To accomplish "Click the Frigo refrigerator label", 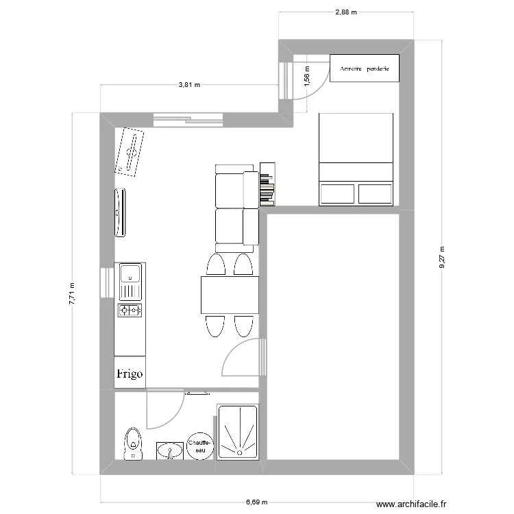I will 130,374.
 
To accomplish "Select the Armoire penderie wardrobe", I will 364,69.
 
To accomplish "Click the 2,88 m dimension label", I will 347,12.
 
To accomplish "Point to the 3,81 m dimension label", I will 189,86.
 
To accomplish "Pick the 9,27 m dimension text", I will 441,258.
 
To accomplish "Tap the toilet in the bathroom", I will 132,443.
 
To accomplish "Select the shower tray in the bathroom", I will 238,431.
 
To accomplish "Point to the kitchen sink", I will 130,276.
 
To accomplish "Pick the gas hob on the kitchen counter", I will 130,310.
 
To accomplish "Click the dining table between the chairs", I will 229,295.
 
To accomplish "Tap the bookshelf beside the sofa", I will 267,184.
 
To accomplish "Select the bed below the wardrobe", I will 356,159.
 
